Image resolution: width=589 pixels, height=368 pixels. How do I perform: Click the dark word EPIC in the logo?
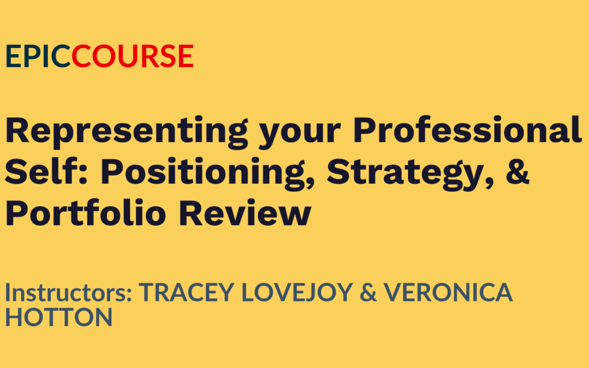[x=38, y=56]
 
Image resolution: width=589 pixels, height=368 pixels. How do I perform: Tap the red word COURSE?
[x=133, y=56]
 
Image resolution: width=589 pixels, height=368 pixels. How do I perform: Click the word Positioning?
[x=203, y=173]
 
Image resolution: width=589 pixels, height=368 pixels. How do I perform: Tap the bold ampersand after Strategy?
[x=518, y=171]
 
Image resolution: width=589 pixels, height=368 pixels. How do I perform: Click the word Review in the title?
[x=245, y=212]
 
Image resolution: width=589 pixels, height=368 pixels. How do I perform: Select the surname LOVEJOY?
[x=297, y=293]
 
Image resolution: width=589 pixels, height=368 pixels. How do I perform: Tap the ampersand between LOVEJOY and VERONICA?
[x=368, y=292]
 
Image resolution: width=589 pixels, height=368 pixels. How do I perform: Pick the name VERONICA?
[x=448, y=292]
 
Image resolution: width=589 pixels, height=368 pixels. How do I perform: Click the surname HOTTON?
[x=58, y=317]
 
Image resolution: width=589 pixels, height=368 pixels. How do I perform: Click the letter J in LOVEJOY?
[x=311, y=293]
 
